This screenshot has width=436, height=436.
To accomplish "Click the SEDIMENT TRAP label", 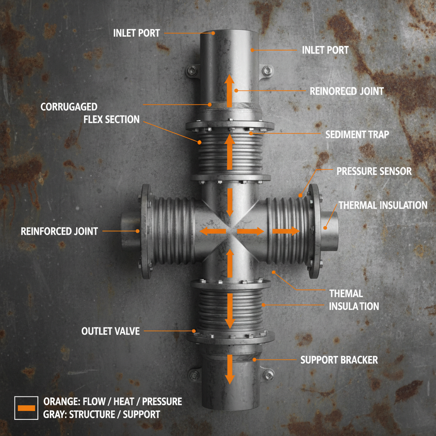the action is tap(357, 135).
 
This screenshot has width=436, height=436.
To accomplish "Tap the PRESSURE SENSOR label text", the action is tap(374, 171).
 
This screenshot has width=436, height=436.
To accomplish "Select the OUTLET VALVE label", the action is tap(110, 331).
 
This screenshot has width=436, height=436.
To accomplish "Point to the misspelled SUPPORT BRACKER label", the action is tap(339, 360).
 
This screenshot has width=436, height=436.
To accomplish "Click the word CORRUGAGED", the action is tap(69, 107).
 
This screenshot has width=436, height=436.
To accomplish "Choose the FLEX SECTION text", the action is tap(112, 120).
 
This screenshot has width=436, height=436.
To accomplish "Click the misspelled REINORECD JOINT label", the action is tap(347, 91).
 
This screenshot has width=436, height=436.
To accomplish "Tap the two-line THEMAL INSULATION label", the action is tap(354, 300).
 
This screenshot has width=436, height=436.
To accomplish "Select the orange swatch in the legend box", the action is tap(26, 408).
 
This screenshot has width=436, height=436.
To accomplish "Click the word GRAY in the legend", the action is tap(53, 415).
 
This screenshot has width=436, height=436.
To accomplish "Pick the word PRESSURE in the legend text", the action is tap(162, 402).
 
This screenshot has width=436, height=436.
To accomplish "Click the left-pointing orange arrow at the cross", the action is tap(213, 231).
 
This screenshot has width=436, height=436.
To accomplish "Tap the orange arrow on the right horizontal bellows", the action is tap(286, 231).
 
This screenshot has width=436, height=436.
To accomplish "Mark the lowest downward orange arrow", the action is tap(229, 369).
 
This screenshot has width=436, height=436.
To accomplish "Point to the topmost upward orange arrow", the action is tap(229, 91).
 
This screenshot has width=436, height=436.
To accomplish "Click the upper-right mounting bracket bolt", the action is tap(267, 70).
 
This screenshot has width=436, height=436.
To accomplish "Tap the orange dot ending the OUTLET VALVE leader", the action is tap(194, 331).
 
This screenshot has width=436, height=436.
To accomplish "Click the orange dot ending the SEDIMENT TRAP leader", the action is tap(251, 133).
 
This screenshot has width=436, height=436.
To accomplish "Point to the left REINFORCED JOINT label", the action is tap(59, 231).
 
